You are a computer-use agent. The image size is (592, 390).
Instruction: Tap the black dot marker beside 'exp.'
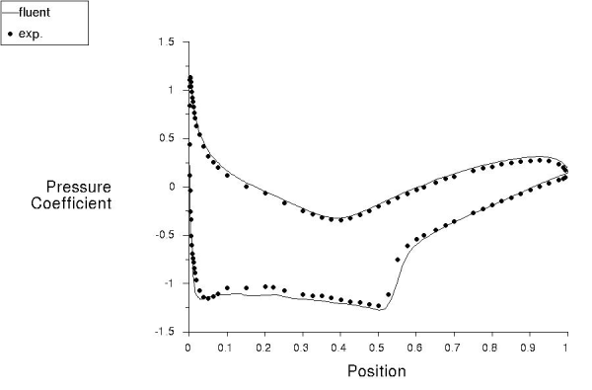10,34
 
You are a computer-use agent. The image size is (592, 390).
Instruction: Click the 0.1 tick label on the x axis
226,349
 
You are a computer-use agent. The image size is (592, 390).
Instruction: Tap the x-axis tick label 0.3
302,349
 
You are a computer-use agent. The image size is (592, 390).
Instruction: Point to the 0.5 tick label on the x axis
377,349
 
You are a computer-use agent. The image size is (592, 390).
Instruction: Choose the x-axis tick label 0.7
453,349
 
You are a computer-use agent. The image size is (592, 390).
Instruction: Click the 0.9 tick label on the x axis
528,349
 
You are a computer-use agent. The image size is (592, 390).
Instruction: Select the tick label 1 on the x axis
566,349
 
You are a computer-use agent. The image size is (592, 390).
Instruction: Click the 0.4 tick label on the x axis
339,349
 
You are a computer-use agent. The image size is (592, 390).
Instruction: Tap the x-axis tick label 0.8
490,349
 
